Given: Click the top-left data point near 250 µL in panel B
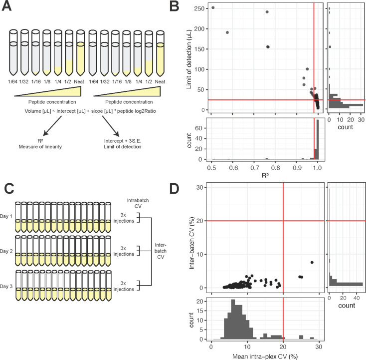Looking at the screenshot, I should pos(213,7).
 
